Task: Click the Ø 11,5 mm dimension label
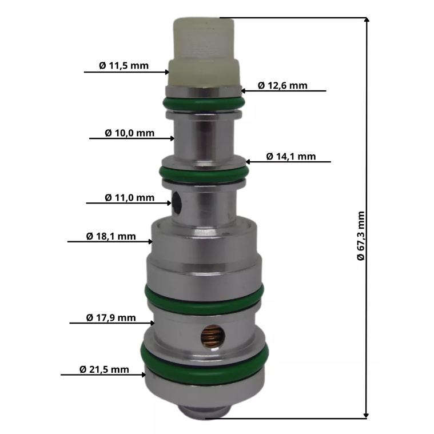click(124, 66)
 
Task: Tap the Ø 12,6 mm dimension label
click(282, 86)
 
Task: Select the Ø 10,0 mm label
click(130, 133)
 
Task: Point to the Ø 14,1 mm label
click(291, 156)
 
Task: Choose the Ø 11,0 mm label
click(130, 198)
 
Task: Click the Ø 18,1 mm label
click(111, 236)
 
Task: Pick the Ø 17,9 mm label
click(111, 318)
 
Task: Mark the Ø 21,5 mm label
click(104, 369)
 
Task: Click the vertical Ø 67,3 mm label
click(361, 236)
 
